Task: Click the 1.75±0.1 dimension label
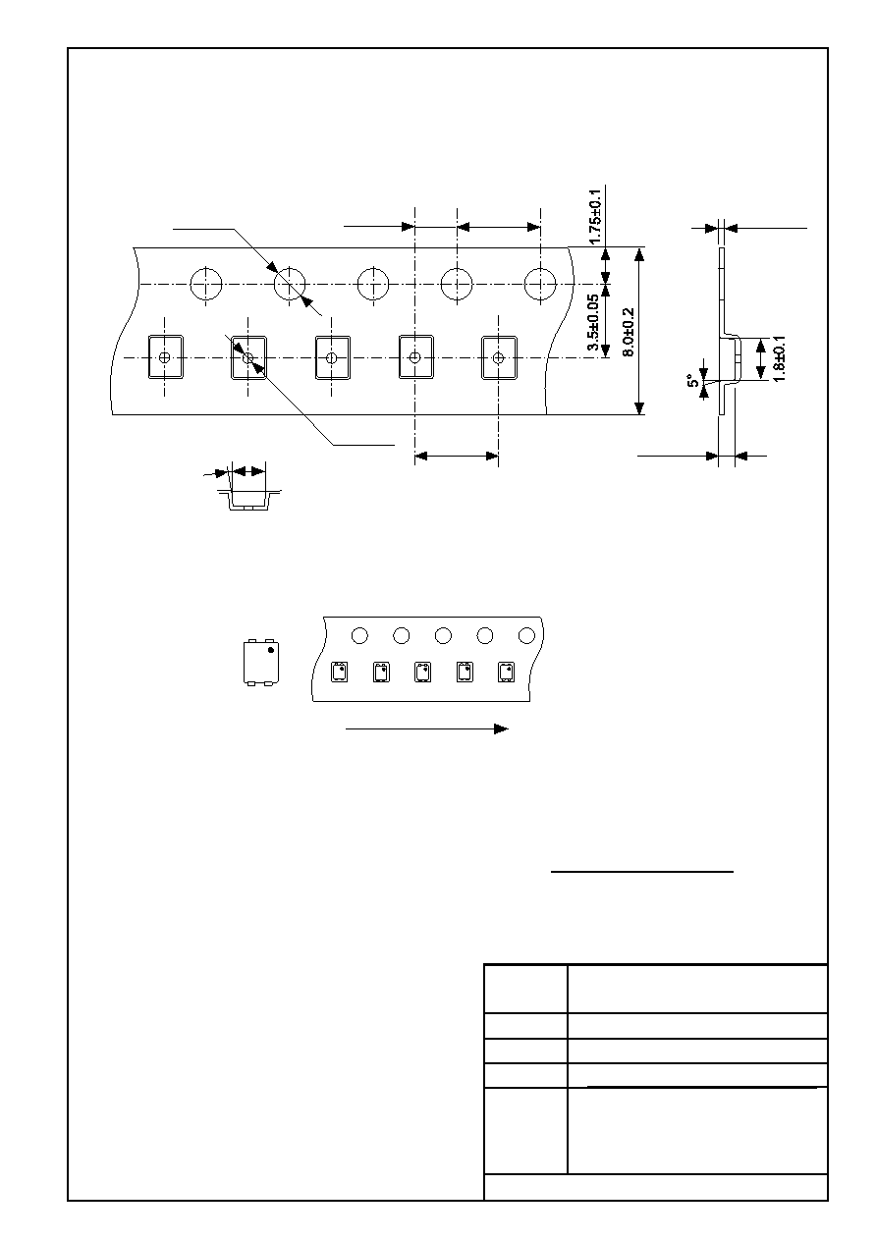tap(595, 216)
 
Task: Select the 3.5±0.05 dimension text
tap(593, 322)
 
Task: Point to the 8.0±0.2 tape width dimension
tap(629, 333)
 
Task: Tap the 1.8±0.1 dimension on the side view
tap(779, 358)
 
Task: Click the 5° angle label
tap(692, 381)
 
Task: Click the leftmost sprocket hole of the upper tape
tap(206, 284)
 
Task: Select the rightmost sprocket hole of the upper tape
tap(540, 284)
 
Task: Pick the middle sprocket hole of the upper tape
tap(373, 284)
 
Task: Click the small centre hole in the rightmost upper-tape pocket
tap(498, 357)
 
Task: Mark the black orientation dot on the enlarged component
tap(271, 649)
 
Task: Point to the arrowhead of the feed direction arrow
tap(501, 729)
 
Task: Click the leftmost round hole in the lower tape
tap(359, 635)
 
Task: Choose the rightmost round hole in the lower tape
tap(526, 635)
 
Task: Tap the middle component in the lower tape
tap(422, 673)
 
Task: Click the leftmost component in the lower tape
tap(340, 673)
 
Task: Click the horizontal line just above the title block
tap(642, 872)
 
